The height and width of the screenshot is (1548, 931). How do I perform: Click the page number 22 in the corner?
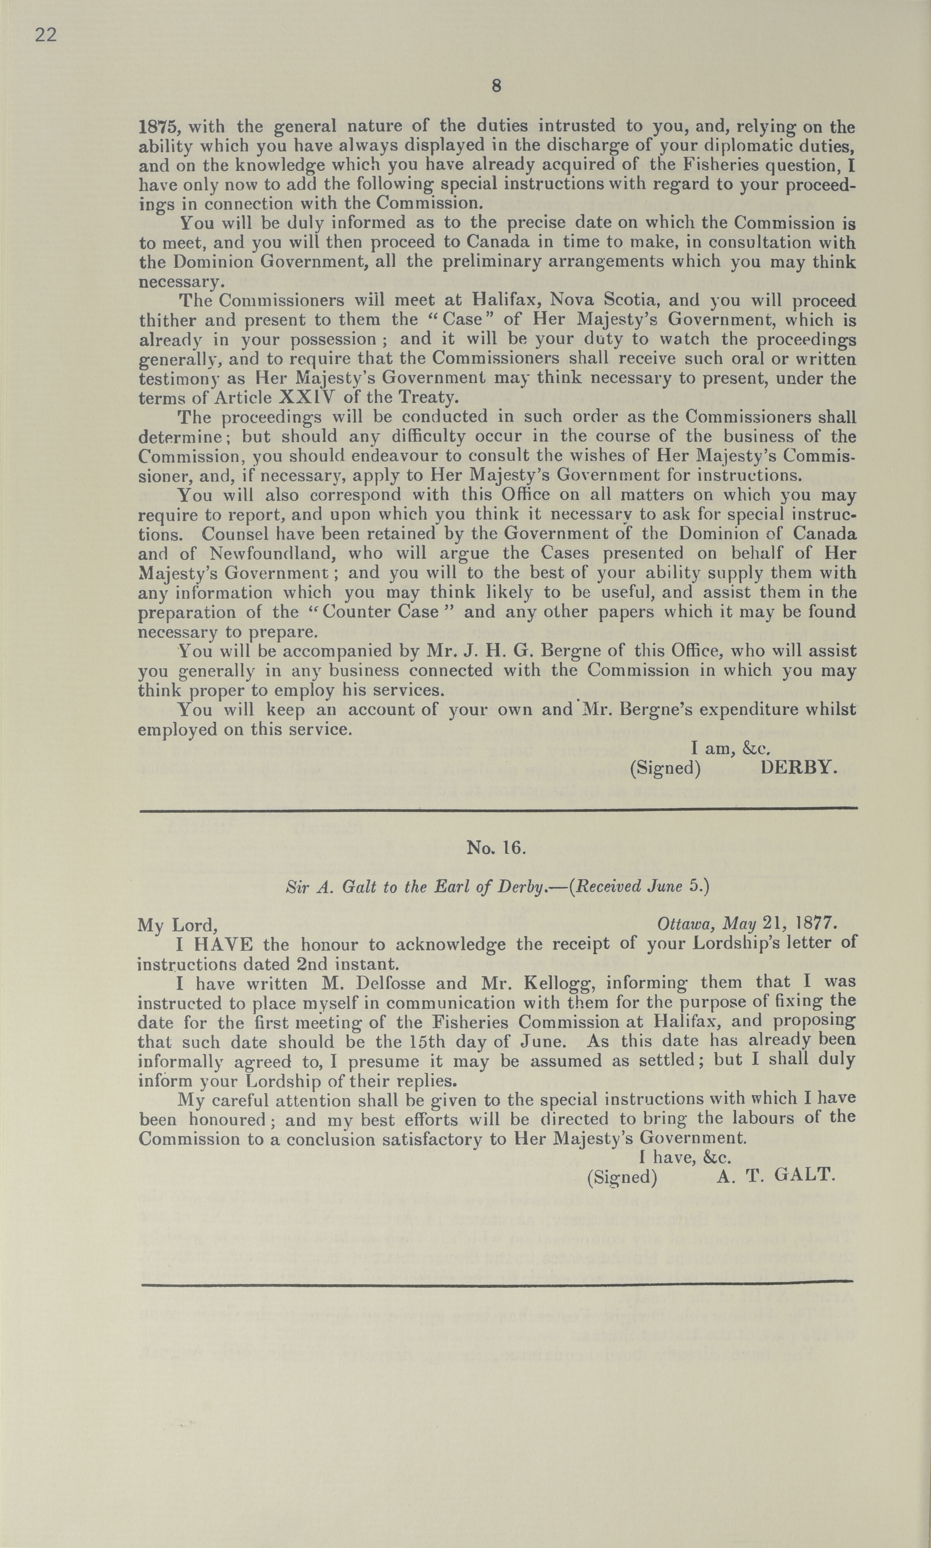[46, 35]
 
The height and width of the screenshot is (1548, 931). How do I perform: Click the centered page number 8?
[496, 86]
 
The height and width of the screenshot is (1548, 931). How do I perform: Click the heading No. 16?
[496, 848]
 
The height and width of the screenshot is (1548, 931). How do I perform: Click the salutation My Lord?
[177, 925]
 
